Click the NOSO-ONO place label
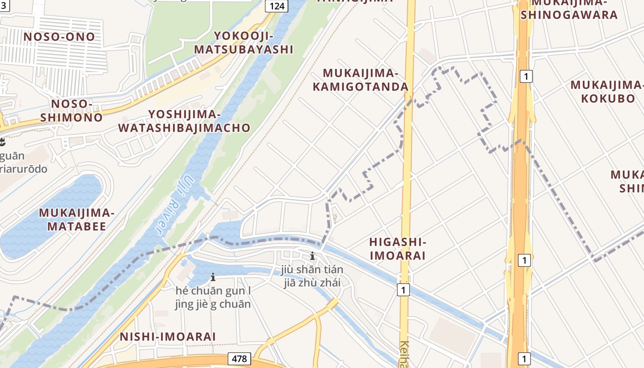click(59, 37)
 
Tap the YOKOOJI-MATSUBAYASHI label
click(243, 43)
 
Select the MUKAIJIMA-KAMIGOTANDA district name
click(365, 80)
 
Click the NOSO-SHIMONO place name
click(71, 110)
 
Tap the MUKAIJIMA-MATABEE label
click(76, 219)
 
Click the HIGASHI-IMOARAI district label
click(397, 249)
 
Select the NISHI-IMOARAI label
click(167, 337)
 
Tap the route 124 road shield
click(277, 6)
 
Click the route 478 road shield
click(239, 359)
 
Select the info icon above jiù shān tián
click(312, 256)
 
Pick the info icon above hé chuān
click(213, 277)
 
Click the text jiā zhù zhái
click(312, 282)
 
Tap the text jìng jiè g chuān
click(213, 304)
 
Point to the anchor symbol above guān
click(2, 141)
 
